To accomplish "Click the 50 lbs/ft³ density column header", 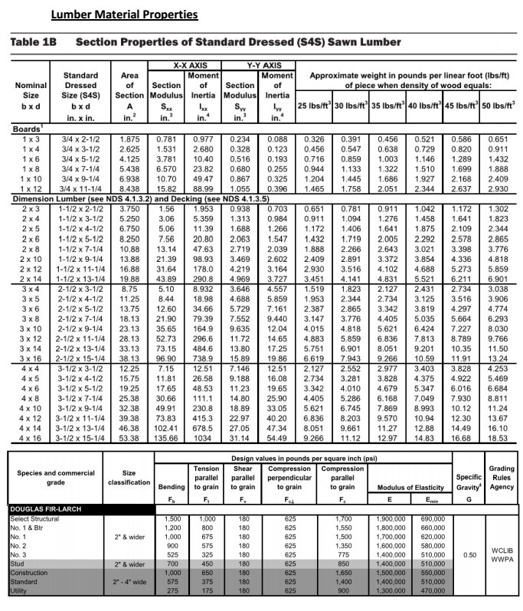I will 498,105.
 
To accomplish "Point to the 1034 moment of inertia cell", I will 203,438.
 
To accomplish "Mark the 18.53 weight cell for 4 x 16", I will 498,438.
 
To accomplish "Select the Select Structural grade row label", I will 38,518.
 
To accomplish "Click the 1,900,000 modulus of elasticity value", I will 392,518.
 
